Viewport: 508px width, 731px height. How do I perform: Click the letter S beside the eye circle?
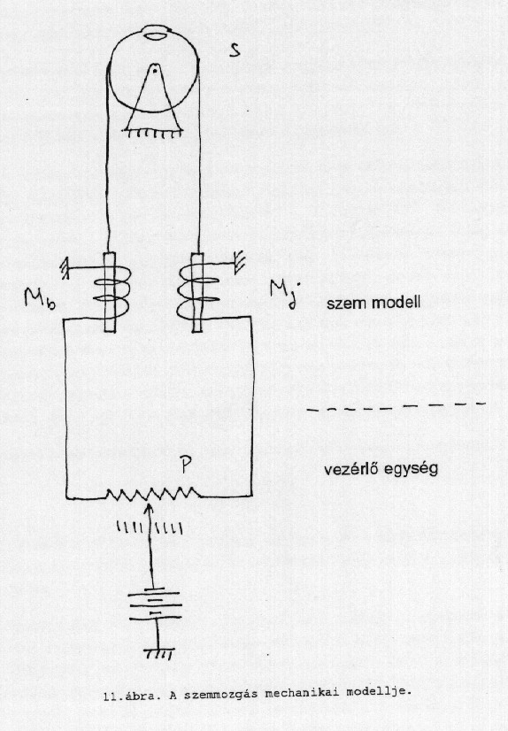235,50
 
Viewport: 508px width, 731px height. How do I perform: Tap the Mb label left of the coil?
40,300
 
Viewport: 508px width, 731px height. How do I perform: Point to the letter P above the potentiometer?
186,465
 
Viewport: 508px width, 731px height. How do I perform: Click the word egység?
410,469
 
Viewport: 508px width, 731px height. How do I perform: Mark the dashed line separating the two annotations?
396,406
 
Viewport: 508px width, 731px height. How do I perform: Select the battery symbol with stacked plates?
154,605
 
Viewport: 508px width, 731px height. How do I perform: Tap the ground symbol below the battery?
158,654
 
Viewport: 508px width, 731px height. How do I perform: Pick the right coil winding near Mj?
197,291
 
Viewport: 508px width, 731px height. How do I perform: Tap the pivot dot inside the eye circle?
153,72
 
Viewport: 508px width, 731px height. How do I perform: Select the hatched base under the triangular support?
152,134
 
